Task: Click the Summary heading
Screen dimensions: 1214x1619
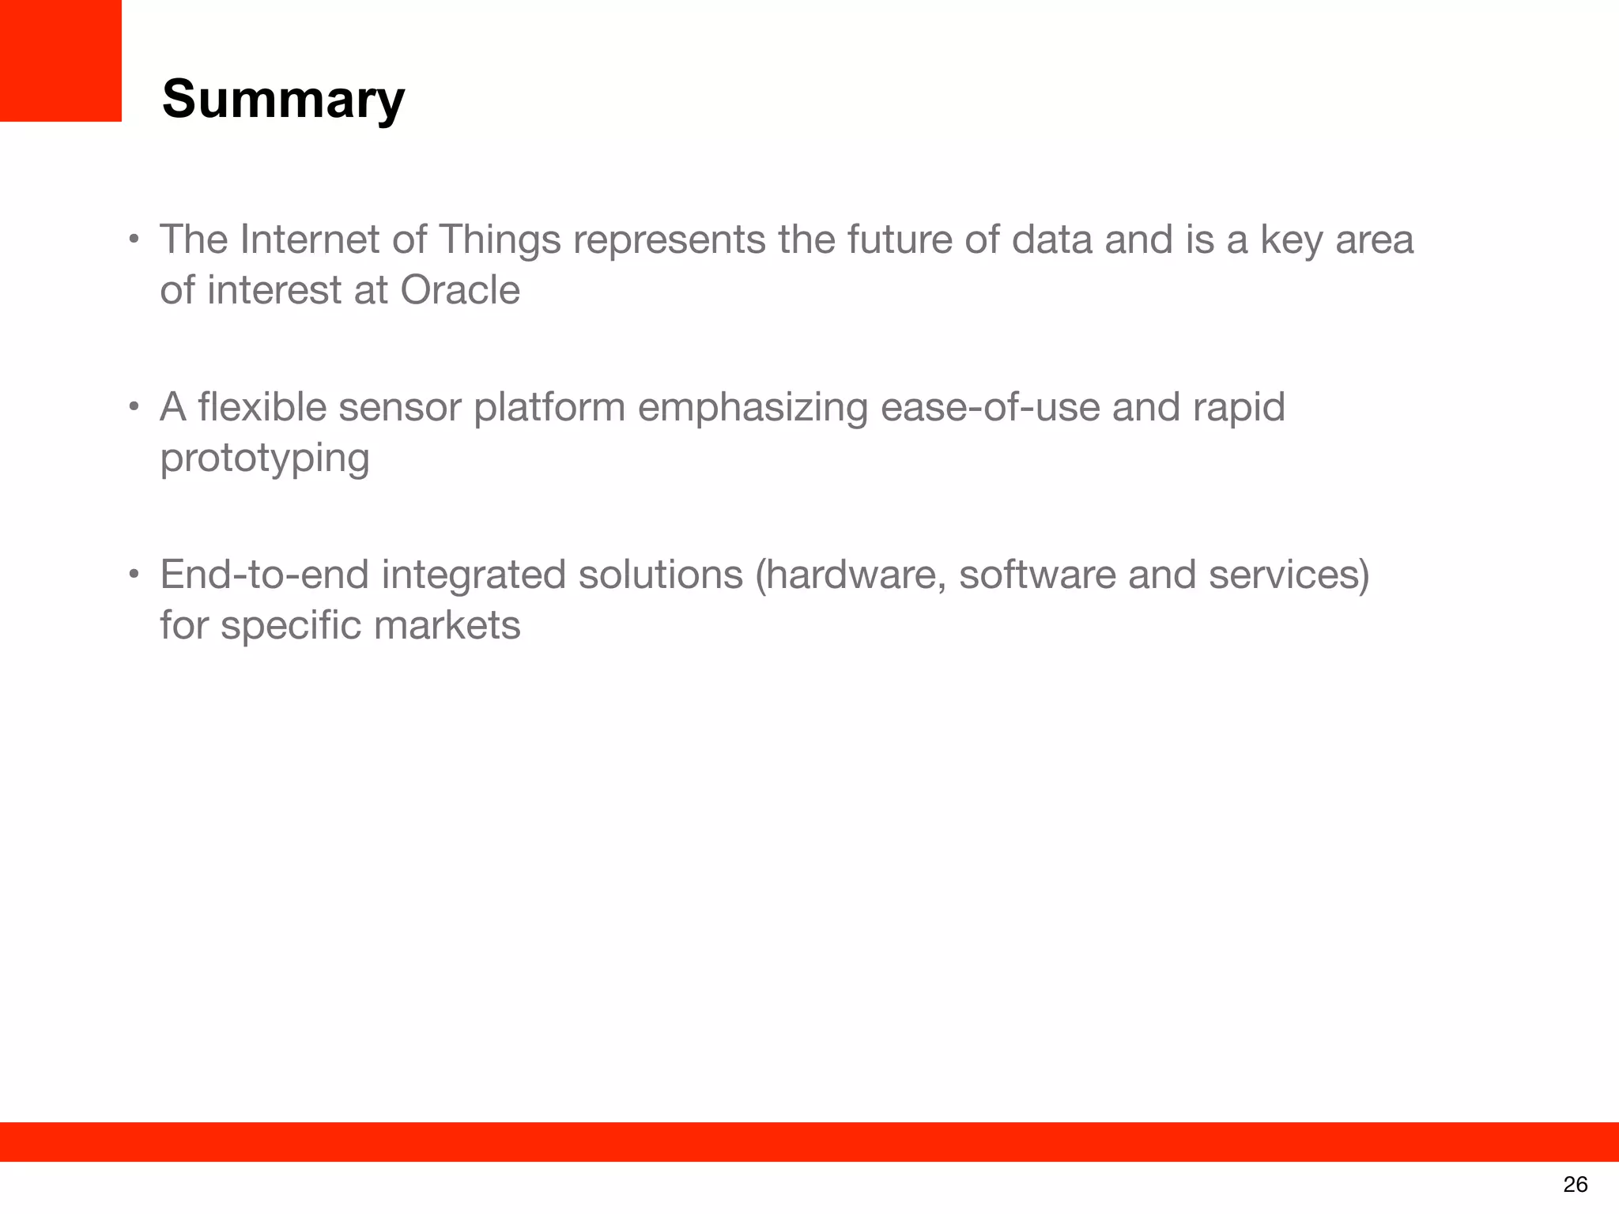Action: point(283,100)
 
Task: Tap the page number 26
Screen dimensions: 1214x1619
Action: point(1575,1184)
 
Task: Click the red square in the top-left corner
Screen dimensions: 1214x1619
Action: point(60,60)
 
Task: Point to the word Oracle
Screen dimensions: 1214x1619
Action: point(460,290)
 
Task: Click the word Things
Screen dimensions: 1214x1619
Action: point(499,241)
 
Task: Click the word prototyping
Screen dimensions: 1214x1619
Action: point(264,459)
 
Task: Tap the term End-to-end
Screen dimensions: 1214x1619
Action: point(264,575)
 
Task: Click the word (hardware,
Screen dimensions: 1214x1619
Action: point(851,575)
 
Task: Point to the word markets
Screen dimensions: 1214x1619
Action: point(447,625)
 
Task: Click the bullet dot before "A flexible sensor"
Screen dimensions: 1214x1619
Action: point(134,408)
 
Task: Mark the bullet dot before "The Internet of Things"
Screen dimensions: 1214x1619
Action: point(134,239)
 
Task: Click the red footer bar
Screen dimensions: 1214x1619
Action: point(809,1141)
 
